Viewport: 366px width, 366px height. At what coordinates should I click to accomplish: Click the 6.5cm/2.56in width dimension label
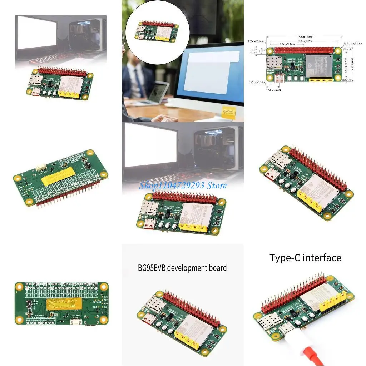(304, 36)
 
